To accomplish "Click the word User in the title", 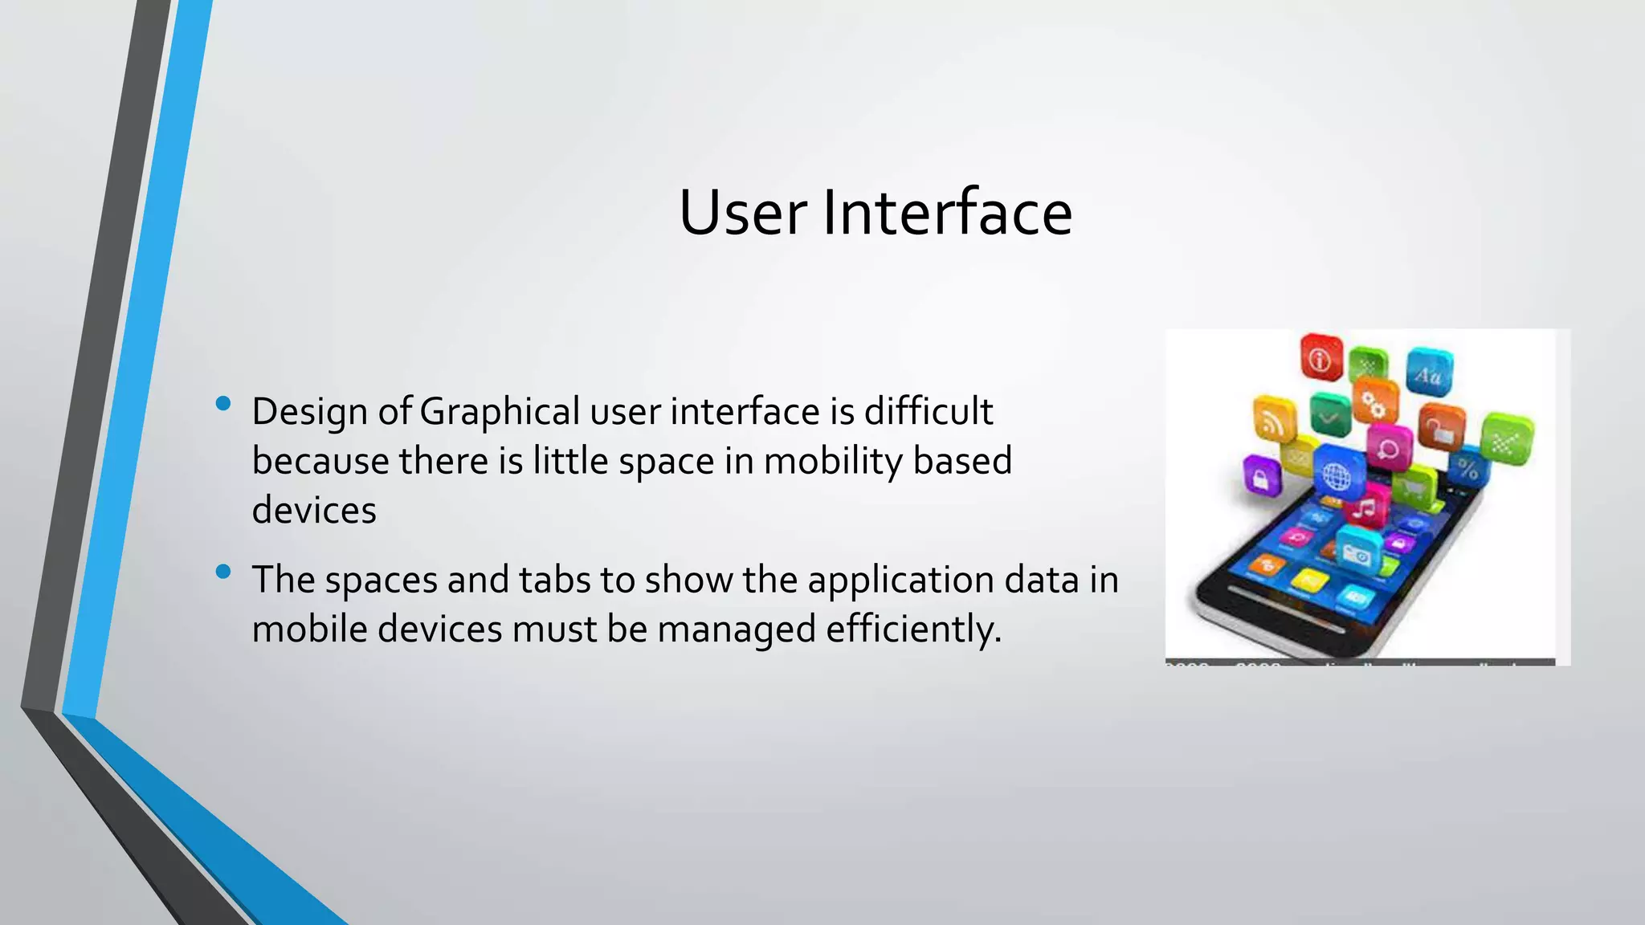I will [742, 213].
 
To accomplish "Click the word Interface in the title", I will [947, 213].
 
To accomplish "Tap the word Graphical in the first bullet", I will [499, 412].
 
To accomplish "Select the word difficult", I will [929, 412].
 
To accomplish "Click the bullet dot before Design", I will [224, 403].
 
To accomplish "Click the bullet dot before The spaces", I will [224, 572].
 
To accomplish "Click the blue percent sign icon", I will [1467, 468].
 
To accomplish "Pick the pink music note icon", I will [1365, 506].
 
